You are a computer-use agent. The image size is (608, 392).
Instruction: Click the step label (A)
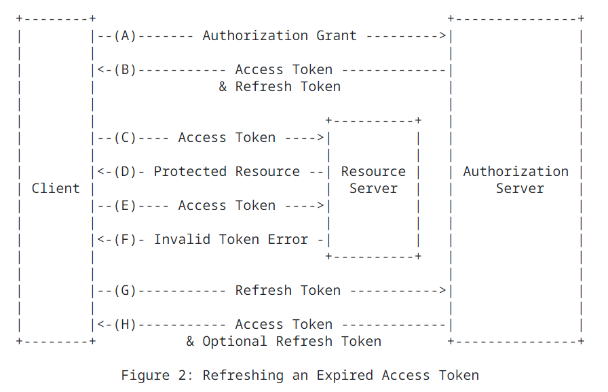pos(125,36)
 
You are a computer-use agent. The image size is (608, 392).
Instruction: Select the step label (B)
pos(125,70)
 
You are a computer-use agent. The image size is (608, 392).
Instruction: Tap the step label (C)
pos(125,138)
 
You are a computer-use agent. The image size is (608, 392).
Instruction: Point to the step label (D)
pos(125,172)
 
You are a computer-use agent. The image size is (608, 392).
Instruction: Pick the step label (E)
pos(125,206)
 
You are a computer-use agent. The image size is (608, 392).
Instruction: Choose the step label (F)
pos(125,239)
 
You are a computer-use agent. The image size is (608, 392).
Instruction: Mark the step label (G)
pos(125,290)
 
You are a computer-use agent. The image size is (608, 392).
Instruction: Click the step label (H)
pos(125,325)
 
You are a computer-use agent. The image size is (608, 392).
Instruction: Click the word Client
pos(56,189)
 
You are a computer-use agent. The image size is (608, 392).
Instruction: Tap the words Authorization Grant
pos(279,36)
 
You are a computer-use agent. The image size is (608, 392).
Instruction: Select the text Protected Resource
pos(227,172)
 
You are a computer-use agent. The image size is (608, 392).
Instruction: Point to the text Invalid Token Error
pos(231,239)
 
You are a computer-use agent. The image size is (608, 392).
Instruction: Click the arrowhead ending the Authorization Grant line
pos(442,36)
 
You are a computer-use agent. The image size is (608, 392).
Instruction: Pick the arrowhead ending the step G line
pos(442,290)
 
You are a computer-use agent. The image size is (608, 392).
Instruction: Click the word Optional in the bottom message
pos(235,342)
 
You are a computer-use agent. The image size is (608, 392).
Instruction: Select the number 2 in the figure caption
pos(183,375)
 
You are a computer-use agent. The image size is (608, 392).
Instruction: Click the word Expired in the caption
pos(344,376)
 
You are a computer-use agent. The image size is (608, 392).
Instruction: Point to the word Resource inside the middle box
pos(373,172)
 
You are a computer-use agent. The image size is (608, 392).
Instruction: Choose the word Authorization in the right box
pos(516,172)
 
